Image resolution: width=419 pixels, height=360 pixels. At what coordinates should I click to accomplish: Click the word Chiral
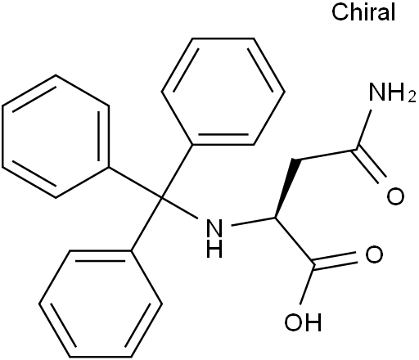pyautogui.click(x=363, y=12)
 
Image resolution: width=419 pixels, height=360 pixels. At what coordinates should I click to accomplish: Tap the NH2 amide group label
pyautogui.click(x=392, y=92)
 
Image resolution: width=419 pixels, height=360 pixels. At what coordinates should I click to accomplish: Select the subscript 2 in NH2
pyautogui.click(x=412, y=97)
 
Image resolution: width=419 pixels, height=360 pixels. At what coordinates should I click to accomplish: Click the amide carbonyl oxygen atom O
pyautogui.click(x=395, y=196)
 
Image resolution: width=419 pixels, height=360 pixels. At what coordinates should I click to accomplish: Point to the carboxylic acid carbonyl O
pyautogui.click(x=374, y=254)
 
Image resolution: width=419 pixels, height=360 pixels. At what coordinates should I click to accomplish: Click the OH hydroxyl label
pyautogui.click(x=303, y=322)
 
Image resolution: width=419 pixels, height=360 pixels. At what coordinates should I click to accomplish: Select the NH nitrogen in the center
pyautogui.click(x=214, y=227)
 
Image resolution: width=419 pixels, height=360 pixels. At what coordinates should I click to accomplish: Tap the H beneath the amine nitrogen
pyautogui.click(x=214, y=249)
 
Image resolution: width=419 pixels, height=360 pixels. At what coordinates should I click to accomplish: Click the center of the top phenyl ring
pyautogui.click(x=223, y=92)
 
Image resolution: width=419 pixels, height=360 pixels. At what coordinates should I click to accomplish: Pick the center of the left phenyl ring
pyautogui.click(x=56, y=136)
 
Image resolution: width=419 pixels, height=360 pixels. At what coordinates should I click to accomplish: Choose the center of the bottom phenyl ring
pyautogui.click(x=101, y=304)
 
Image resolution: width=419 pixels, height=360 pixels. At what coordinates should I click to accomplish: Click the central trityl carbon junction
pyautogui.click(x=162, y=197)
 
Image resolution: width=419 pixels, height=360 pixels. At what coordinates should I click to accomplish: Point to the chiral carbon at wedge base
pyautogui.click(x=275, y=218)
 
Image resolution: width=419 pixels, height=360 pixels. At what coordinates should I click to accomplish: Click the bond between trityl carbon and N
pyautogui.click(x=179, y=208)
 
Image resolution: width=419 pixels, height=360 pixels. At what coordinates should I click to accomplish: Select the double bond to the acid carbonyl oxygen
pyautogui.click(x=336, y=260)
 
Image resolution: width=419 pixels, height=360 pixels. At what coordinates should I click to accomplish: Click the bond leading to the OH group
pyautogui.click(x=307, y=284)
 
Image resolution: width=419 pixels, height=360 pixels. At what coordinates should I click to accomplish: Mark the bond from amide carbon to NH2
pyautogui.click(x=363, y=129)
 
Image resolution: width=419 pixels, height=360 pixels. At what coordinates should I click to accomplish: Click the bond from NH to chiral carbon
pyautogui.click(x=253, y=222)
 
